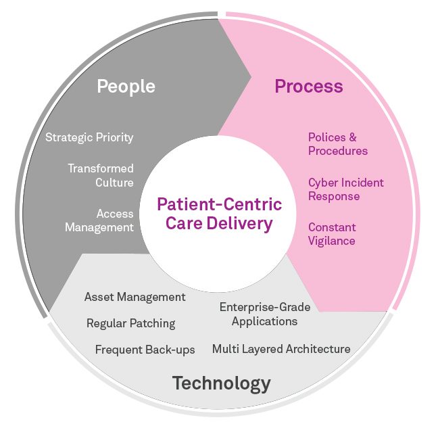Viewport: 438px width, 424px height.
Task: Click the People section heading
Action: pos(126,87)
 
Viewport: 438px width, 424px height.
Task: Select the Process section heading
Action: pos(308,87)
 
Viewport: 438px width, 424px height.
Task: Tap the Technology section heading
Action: pos(221,383)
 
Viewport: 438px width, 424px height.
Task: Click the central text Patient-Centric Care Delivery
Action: pos(219,214)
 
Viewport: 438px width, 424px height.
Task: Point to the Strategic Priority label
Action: pos(89,137)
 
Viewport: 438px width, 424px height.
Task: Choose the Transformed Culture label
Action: pos(100,175)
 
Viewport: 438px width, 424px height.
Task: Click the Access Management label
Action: pos(99,220)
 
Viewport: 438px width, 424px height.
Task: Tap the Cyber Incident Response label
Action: pos(345,189)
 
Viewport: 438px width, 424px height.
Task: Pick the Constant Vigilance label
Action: pos(332,234)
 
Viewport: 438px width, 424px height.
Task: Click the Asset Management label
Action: pos(135,297)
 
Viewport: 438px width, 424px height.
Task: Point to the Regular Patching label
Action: pos(130,323)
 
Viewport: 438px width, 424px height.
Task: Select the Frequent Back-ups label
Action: pos(145,350)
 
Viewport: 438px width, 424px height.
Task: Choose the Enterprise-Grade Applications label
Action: pos(265,314)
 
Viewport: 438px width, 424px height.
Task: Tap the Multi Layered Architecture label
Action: pos(281,349)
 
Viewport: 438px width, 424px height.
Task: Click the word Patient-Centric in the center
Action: pos(219,204)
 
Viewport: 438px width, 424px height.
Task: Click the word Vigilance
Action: pos(332,241)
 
